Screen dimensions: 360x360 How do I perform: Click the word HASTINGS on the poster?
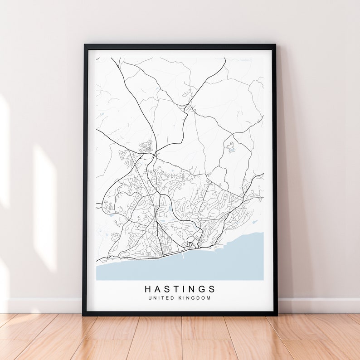tap(180, 289)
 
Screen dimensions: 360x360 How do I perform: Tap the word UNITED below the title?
tap(159, 298)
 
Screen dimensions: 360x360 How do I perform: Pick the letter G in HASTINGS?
tap(203, 289)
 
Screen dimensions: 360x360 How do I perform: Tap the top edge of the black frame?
tap(180, 46)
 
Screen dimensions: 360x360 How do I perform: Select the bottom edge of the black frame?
tap(180, 313)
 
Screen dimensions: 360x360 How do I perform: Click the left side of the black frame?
tap(85, 181)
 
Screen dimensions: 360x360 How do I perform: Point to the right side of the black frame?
tap(275, 181)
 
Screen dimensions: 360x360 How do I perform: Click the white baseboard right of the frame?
tap(317, 305)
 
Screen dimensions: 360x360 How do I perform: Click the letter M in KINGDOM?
tap(209, 298)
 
